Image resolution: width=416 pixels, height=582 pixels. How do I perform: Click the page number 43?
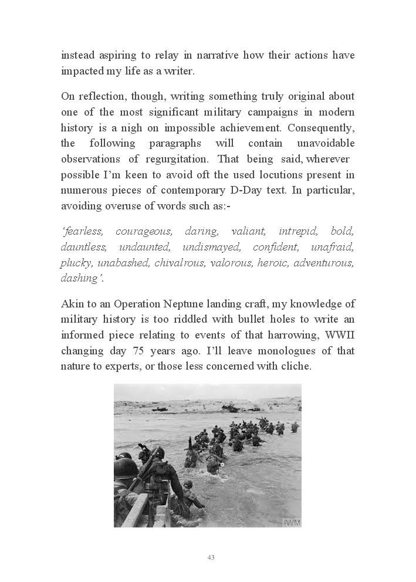pyautogui.click(x=211, y=557)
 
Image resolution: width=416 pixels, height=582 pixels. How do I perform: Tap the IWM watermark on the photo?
pyautogui.click(x=292, y=522)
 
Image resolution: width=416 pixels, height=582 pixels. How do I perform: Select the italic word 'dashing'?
pyautogui.click(x=80, y=279)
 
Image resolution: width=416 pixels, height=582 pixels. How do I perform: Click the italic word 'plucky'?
pyautogui.click(x=76, y=263)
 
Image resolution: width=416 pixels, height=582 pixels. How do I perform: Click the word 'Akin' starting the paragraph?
pyautogui.click(x=73, y=304)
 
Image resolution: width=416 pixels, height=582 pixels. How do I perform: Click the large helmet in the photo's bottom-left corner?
pyautogui.click(x=124, y=468)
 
